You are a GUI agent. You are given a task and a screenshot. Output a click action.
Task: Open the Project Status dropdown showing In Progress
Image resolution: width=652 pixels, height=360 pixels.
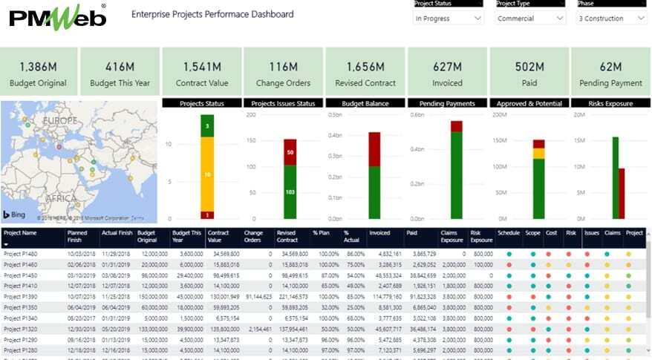[x=448, y=19]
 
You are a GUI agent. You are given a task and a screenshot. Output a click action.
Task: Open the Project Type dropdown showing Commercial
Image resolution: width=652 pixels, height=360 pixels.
[x=529, y=19]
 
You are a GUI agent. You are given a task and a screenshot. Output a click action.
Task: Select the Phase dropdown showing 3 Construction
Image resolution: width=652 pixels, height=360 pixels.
[x=611, y=19]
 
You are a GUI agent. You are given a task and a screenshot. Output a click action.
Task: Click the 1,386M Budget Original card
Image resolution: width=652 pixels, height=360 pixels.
[x=39, y=73]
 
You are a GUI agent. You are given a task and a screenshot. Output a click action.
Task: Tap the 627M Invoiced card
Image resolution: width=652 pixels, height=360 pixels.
[x=446, y=73]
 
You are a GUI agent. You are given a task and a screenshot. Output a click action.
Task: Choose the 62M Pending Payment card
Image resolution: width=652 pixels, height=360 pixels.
[x=610, y=73]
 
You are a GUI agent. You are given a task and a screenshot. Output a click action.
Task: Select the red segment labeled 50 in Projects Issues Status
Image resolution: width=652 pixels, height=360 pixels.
[x=290, y=151]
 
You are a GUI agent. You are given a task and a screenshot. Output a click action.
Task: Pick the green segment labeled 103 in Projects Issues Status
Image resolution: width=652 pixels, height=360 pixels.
[x=290, y=192]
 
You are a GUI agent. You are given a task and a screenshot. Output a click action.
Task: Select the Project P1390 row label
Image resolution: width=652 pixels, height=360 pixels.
[x=20, y=295]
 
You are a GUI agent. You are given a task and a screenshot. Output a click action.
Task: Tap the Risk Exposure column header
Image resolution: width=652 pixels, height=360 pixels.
[x=481, y=237]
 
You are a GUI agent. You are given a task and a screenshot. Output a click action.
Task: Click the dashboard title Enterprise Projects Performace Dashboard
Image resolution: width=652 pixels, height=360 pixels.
[x=212, y=14]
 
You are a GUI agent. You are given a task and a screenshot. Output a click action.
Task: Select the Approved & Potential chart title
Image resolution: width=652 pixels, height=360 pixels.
[x=528, y=103]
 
